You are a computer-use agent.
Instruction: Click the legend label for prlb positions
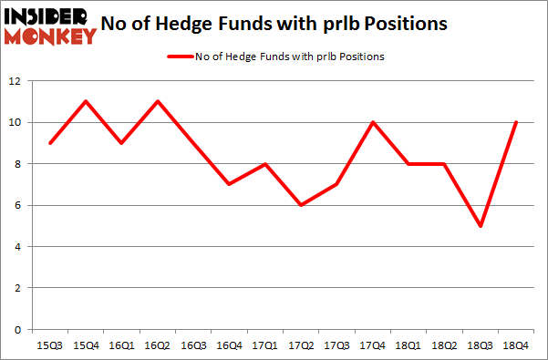[x=290, y=57]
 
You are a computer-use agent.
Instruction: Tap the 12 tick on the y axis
[x=15, y=81]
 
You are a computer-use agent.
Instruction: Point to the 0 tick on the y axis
[x=18, y=329]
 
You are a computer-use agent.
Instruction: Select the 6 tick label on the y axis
[x=18, y=205]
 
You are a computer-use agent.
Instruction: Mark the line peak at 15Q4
[x=86, y=102]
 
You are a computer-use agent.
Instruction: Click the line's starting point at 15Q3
[x=50, y=143]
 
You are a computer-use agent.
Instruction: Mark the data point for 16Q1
[x=122, y=143]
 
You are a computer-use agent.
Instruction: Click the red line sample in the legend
[x=180, y=57]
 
